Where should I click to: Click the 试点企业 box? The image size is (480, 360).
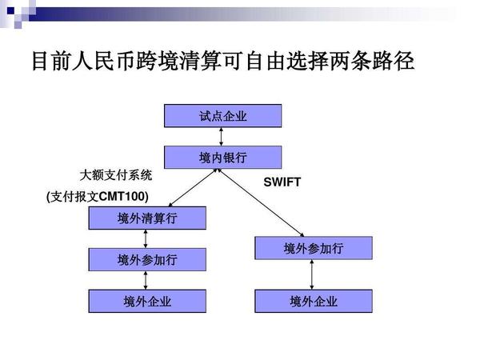[x=223, y=116]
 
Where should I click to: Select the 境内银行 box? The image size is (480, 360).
[x=223, y=158]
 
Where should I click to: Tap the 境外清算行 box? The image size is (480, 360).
[x=147, y=218]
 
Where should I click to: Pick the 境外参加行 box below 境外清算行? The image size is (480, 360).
[x=147, y=259]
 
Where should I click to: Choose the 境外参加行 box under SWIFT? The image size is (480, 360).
[x=314, y=249]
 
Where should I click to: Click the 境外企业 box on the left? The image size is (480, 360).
[x=147, y=302]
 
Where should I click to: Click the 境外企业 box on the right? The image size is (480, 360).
[x=314, y=302]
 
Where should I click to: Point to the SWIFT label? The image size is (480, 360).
[x=282, y=182]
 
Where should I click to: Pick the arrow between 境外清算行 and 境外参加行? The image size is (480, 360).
[x=146, y=238]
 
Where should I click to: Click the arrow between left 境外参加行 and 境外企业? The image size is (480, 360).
[x=146, y=280]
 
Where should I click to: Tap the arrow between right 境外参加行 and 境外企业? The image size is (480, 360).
[x=312, y=275]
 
